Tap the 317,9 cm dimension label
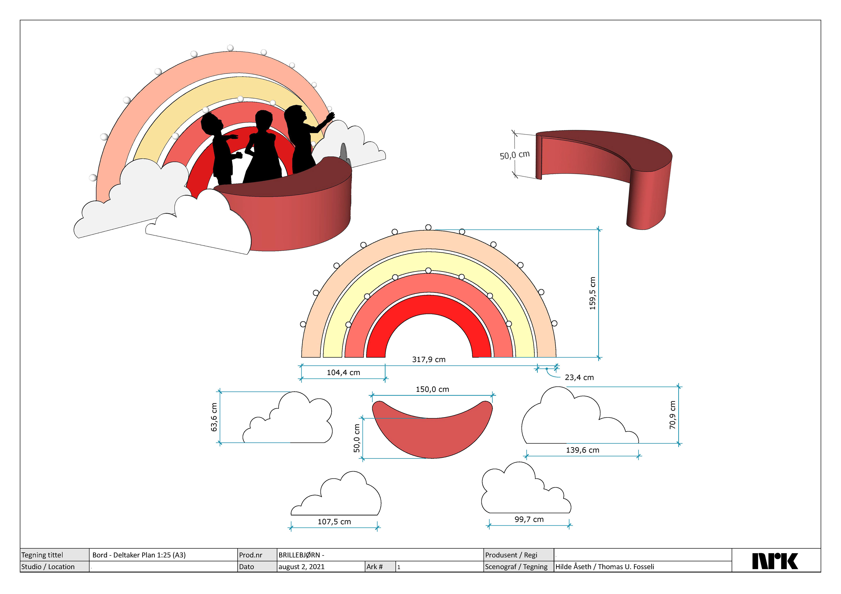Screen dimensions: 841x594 click(429, 359)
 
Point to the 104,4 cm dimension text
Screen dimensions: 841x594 click(343, 373)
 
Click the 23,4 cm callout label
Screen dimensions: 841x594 click(579, 377)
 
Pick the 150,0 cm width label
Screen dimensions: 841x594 click(432, 389)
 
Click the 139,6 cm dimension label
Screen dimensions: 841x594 click(582, 450)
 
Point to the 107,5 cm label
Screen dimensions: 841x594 click(334, 522)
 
